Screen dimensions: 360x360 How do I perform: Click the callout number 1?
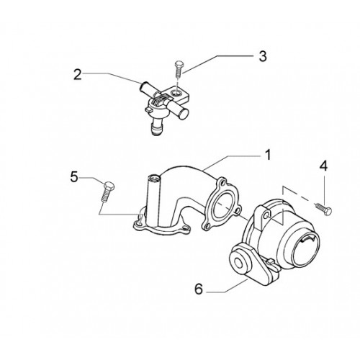click(x=268, y=155)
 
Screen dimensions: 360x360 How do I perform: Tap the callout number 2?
click(x=78, y=75)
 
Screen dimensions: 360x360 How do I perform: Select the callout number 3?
click(x=263, y=56)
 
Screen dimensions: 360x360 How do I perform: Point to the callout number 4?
click(x=324, y=166)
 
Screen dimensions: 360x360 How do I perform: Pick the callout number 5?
click(x=74, y=178)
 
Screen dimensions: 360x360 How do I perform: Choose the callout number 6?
click(x=199, y=289)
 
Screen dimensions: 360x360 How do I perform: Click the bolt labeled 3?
click(x=178, y=69)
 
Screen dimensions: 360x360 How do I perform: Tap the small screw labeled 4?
click(x=323, y=208)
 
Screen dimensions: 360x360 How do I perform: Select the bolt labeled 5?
click(x=107, y=192)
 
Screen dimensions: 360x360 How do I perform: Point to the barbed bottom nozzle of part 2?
click(x=158, y=129)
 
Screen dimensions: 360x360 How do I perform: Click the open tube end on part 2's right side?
click(x=184, y=114)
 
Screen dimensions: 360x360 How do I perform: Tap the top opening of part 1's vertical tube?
click(x=152, y=178)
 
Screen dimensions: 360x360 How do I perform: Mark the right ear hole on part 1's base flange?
click(x=186, y=229)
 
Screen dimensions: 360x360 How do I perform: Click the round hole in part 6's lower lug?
click(x=239, y=264)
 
